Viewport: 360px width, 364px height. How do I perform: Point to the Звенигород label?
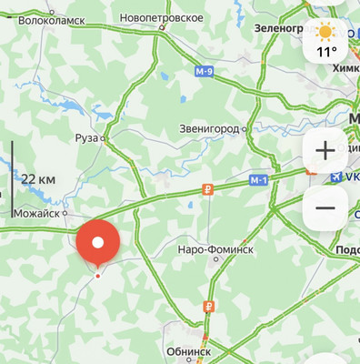(208, 129)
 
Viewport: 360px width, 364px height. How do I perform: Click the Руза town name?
(86, 138)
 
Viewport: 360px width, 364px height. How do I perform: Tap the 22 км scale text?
(38, 179)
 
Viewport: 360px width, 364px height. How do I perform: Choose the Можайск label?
(36, 213)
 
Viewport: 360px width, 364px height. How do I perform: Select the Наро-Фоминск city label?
(215, 248)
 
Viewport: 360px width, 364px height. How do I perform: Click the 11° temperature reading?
(326, 53)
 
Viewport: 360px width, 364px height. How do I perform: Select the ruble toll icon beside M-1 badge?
(208, 190)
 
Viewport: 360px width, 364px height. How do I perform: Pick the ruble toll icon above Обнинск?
(211, 307)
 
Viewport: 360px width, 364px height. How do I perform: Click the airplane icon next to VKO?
(338, 177)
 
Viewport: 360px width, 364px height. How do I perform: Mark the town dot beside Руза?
(104, 138)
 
